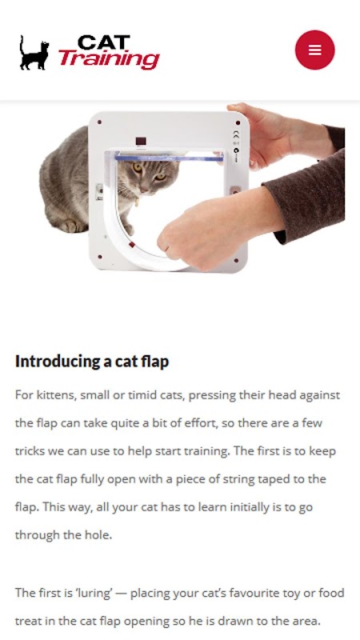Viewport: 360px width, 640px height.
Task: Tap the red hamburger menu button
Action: (314, 50)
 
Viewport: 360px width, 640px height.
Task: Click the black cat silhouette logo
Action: (34, 53)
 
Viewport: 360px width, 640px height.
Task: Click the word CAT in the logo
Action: (104, 43)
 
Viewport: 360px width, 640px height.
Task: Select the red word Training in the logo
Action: (109, 60)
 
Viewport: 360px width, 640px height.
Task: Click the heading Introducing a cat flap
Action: (92, 362)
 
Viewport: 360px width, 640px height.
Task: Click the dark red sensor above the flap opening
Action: (141, 142)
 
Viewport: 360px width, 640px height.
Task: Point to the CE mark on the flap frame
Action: (235, 134)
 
